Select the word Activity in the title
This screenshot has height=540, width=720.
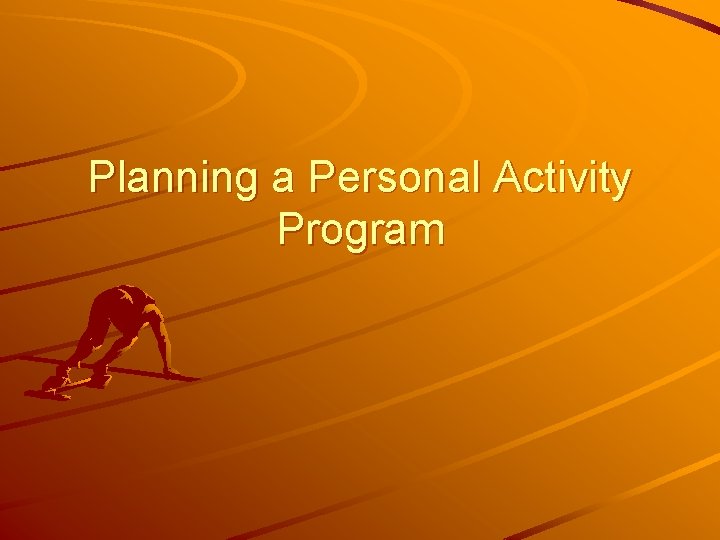click(570, 180)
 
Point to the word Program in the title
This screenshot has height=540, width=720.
click(361, 230)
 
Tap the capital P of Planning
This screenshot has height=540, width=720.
click(101, 179)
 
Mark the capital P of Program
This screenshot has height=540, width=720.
click(291, 229)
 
